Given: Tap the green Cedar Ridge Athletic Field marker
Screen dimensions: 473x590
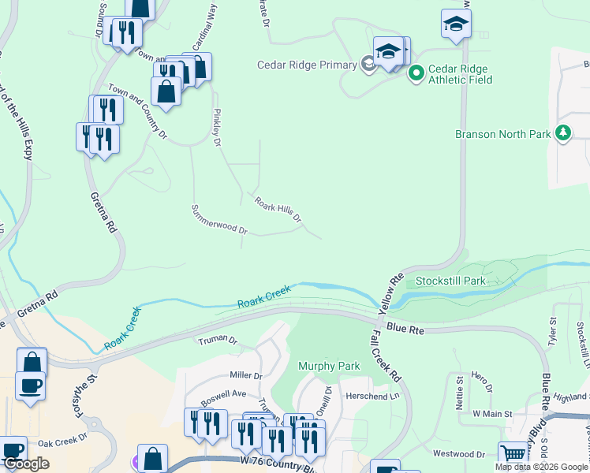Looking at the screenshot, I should tap(416, 73).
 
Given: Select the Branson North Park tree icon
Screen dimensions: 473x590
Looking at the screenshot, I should tap(563, 133).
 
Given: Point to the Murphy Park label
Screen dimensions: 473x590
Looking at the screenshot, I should tap(329, 366).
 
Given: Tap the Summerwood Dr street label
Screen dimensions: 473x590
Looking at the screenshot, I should tap(219, 220).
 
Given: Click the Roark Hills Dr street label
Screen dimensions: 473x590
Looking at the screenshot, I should tap(278, 209).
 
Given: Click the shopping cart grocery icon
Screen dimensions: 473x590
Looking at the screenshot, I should tap(513, 453).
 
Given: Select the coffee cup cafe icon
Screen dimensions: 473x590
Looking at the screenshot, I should tap(31, 385).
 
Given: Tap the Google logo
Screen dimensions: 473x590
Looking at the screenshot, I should tap(25, 464).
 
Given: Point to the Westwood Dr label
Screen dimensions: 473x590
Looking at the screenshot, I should tap(459, 454).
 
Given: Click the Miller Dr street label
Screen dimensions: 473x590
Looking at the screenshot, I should tap(245, 375).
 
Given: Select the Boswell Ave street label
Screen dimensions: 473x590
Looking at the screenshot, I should tap(223, 394).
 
